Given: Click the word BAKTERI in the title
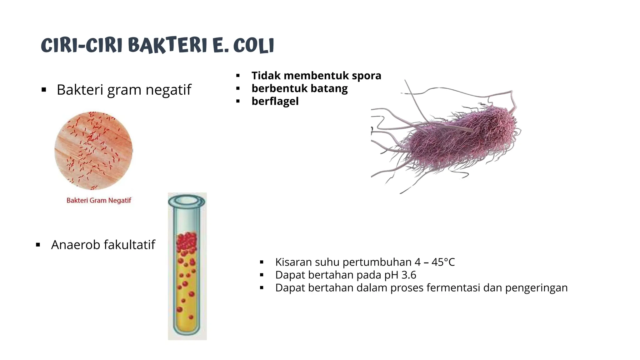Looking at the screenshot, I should coord(167,45).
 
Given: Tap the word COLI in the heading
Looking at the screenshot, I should coord(253,46).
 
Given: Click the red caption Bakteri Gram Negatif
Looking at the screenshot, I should coord(99,200).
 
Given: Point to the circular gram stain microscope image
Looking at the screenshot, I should coord(93,151).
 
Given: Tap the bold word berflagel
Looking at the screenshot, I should coord(275,101).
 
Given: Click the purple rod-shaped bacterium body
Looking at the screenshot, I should coord(459,137).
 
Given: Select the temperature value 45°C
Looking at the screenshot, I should coord(443,262).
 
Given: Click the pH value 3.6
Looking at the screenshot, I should coord(409,275).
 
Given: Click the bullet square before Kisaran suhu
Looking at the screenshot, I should coord(262,262).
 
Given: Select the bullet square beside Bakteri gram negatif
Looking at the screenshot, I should coord(44,90).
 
